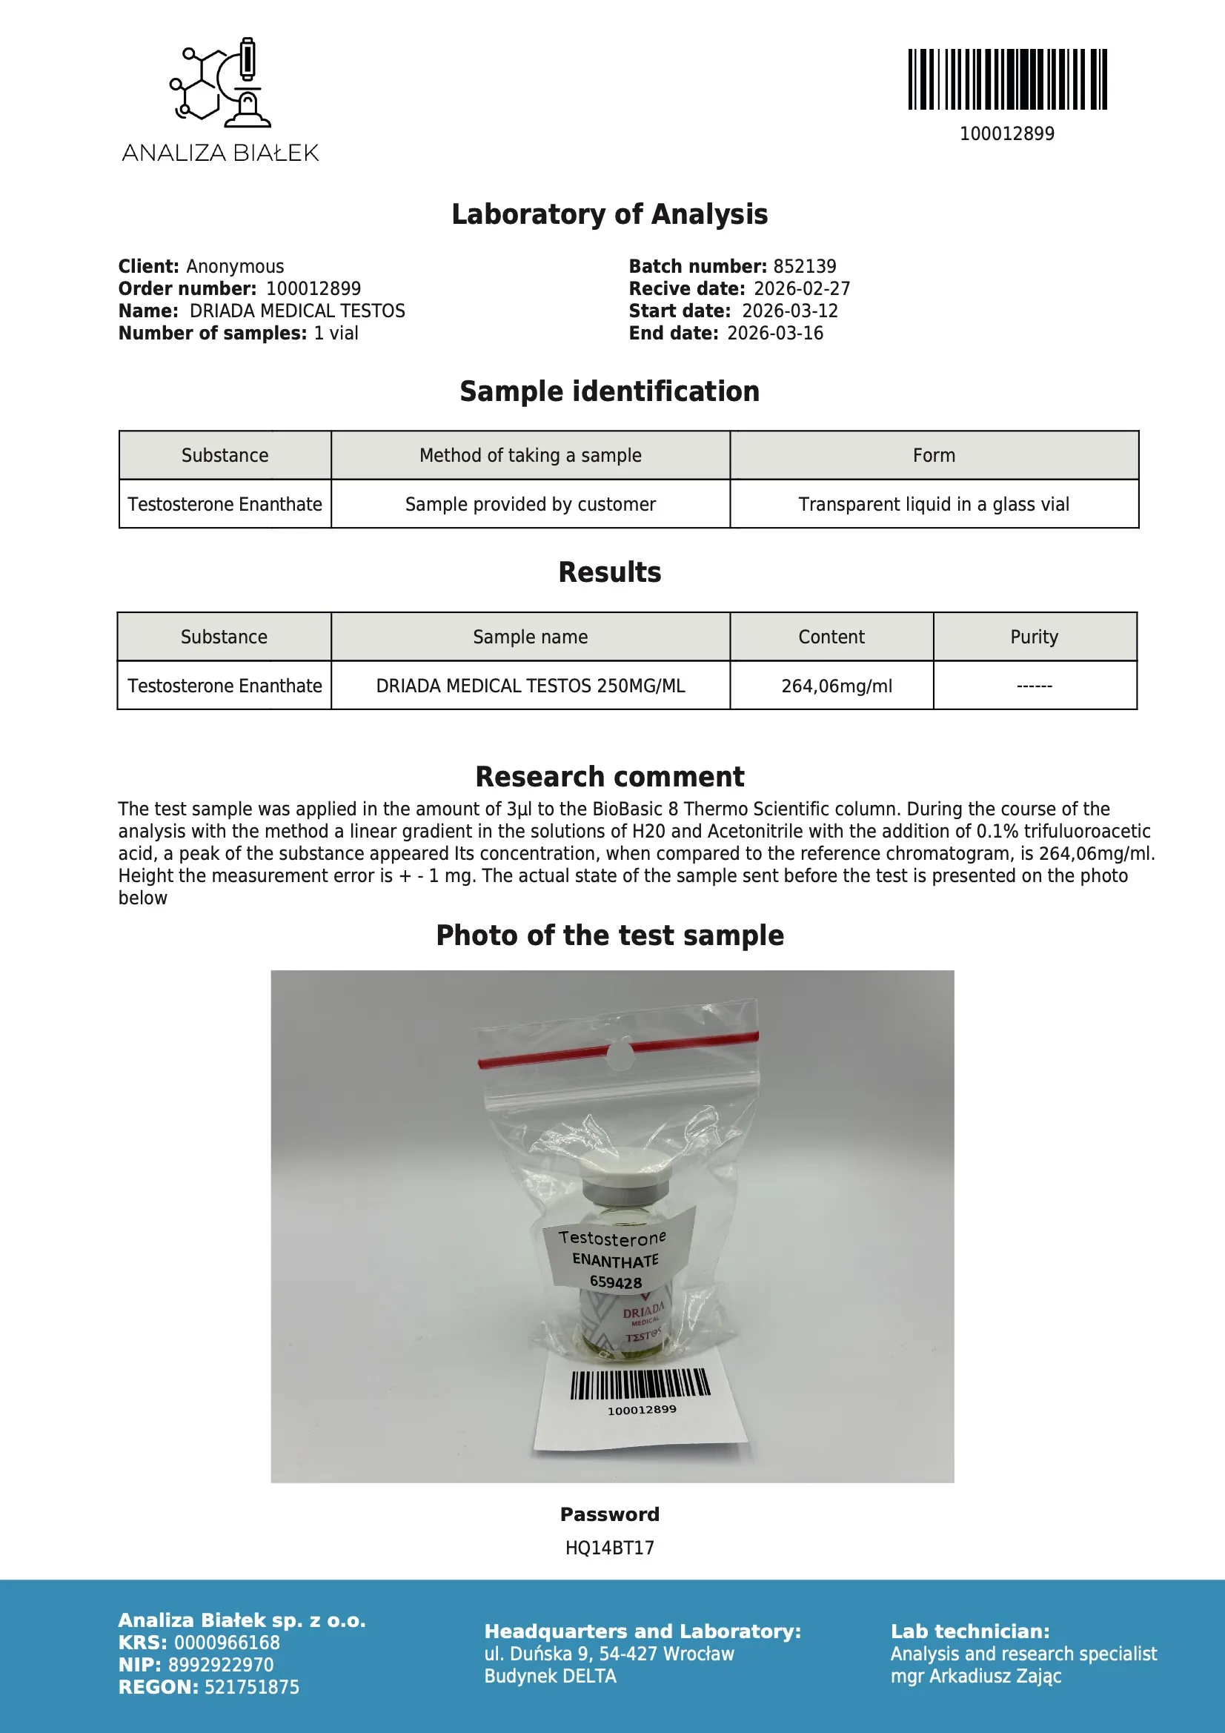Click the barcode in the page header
tap(1007, 79)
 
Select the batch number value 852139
tap(805, 266)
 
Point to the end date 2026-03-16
tap(774, 334)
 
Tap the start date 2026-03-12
tap(789, 311)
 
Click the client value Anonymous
tap(235, 266)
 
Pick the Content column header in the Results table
tap(831, 637)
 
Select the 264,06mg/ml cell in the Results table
tap(836, 686)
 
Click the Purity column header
tap(1034, 637)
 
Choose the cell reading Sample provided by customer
tap(530, 504)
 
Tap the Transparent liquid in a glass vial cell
tap(934, 504)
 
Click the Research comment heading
tap(610, 777)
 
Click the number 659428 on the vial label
tap(616, 1282)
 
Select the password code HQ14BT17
tap(610, 1548)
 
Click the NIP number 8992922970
tap(220, 1664)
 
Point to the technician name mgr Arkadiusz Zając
tap(976, 1676)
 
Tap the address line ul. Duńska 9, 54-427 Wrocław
tap(609, 1654)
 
